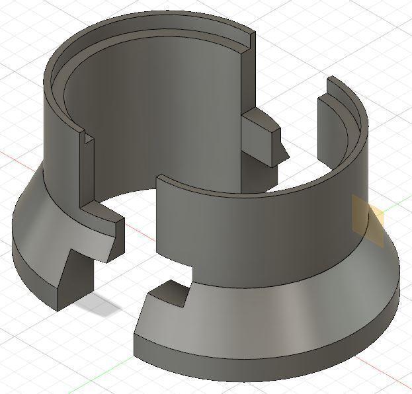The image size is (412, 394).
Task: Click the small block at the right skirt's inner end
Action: pos(169,294)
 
